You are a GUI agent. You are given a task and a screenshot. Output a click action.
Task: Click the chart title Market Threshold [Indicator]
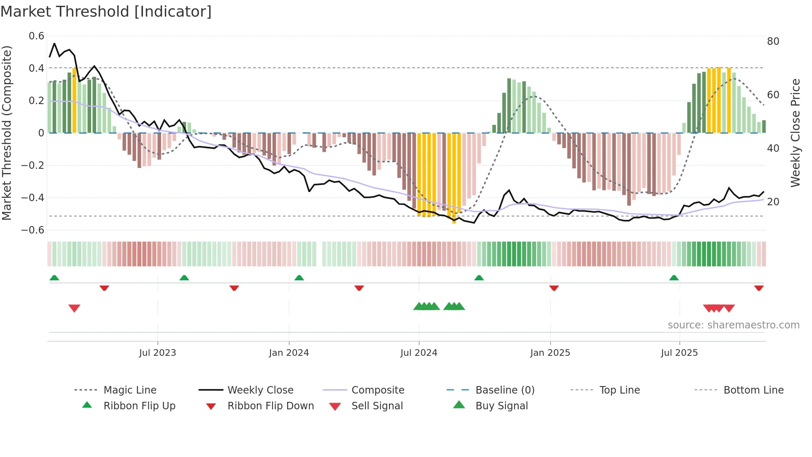(x=106, y=12)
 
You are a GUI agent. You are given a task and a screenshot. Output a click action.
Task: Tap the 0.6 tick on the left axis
(x=36, y=36)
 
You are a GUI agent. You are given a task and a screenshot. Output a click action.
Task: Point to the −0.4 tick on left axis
(x=33, y=197)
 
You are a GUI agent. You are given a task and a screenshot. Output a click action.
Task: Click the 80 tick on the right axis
(x=773, y=41)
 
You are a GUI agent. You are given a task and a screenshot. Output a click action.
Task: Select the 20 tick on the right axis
(x=773, y=202)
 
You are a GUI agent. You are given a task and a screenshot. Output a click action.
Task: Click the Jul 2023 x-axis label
(x=157, y=353)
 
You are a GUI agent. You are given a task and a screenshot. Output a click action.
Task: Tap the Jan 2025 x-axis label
(x=550, y=353)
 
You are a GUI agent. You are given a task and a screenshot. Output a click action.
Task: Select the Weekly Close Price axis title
(x=795, y=133)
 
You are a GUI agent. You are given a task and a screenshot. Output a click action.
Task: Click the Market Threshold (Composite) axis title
(x=7, y=133)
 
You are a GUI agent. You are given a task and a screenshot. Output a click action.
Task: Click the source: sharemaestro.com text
(x=733, y=325)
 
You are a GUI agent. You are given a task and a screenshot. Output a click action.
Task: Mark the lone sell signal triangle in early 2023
(x=74, y=308)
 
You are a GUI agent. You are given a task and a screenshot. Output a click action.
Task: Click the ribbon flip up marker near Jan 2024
(x=299, y=277)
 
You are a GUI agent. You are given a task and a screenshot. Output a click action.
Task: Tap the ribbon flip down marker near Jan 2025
(x=554, y=288)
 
